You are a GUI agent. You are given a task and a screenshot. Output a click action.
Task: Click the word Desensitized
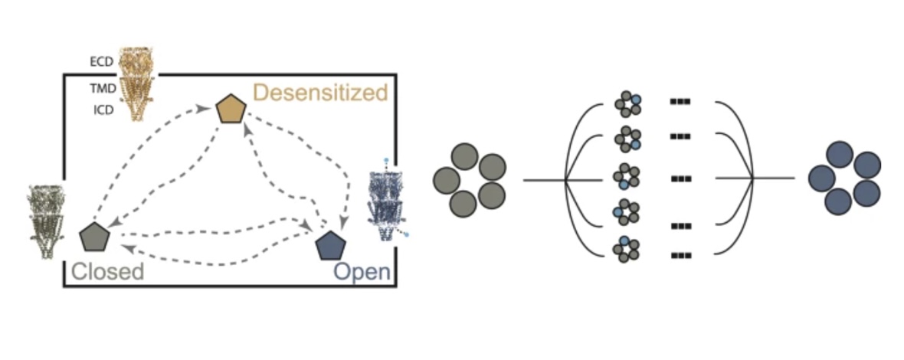click(x=320, y=93)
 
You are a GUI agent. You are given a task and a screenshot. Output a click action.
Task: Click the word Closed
click(x=107, y=272)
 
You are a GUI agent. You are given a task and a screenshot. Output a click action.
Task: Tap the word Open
click(x=362, y=272)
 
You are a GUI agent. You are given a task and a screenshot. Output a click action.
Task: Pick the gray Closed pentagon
click(x=95, y=237)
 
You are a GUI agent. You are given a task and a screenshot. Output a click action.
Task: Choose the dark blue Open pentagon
click(x=331, y=245)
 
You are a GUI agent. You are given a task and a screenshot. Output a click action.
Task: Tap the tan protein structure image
click(x=138, y=83)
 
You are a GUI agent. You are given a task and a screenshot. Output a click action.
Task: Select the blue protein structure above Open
click(x=385, y=201)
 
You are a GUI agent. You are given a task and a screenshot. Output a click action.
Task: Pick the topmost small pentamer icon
click(x=627, y=105)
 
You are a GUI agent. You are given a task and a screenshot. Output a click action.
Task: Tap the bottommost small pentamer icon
click(x=627, y=250)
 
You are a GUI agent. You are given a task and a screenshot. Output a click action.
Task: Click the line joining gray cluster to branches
click(x=544, y=180)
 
